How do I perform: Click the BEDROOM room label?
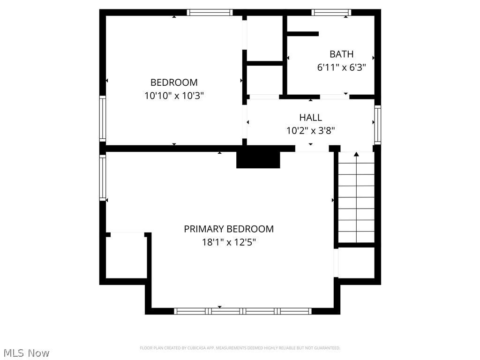coord(174,82)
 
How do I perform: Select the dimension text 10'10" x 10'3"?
coord(174,96)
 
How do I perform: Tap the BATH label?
coord(341,54)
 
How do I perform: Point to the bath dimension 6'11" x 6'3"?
coord(341,67)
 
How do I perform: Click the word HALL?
coord(311,118)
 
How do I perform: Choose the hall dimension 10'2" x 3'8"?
coord(311,131)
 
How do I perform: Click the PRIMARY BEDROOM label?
coord(229,229)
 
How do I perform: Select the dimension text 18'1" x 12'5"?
coord(229,242)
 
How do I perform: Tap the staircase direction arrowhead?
coord(356,154)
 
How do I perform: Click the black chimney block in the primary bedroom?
coord(258,159)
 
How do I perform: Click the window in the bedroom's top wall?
coord(210,13)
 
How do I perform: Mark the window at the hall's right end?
coord(377,124)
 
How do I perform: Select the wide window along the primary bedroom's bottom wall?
coord(243,311)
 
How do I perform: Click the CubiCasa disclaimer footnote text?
coord(240,348)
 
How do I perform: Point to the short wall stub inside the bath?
coord(302,34)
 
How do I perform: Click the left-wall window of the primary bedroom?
coord(102,178)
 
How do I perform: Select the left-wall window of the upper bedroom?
coord(102,118)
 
